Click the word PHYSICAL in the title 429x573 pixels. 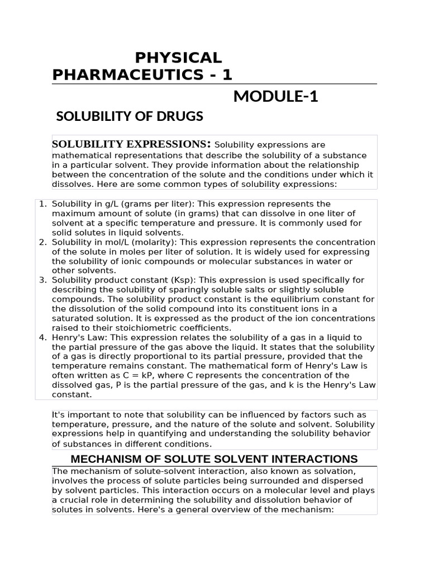point(178,57)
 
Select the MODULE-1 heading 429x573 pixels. point(275,96)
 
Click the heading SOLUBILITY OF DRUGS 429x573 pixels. point(130,117)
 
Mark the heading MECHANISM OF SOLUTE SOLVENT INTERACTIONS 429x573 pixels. point(214,459)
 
